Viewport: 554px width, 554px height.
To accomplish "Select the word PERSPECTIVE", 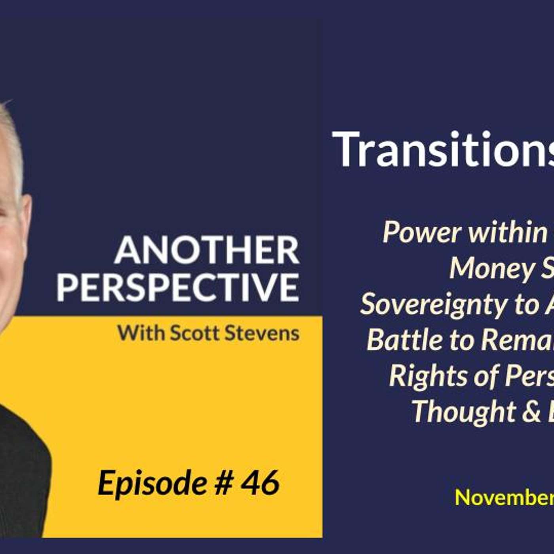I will pos(178,287).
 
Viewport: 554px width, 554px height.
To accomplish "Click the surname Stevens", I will pos(262,333).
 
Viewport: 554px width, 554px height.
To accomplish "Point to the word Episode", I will pos(152,483).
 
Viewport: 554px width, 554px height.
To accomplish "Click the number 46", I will pos(260,483).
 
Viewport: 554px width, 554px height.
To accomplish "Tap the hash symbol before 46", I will pos(224,483).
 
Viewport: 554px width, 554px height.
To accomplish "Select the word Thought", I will pos(463,411).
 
